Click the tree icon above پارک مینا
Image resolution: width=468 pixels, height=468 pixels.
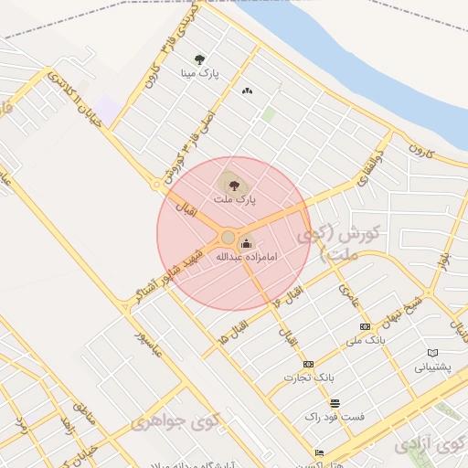[200, 60]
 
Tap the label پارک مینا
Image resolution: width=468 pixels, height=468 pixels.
[200, 74]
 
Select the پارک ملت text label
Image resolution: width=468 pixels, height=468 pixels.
[236, 197]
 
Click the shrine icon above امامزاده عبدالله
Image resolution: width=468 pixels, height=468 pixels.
[245, 243]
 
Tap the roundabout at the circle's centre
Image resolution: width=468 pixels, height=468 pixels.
[228, 238]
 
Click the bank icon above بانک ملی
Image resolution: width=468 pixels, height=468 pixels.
[366, 326]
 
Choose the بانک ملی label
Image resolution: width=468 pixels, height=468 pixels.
[366, 341]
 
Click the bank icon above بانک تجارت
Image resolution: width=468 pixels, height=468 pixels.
[308, 364]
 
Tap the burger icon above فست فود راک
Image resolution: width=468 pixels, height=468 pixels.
[335, 403]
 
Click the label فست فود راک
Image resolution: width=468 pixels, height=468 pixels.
[335, 417]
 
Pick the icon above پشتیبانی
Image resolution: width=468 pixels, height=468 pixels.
[433, 353]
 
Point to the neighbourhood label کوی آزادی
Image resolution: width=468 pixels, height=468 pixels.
[430, 446]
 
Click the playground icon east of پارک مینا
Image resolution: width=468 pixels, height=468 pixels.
[247, 90]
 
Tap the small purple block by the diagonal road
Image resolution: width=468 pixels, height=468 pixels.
[108, 112]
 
